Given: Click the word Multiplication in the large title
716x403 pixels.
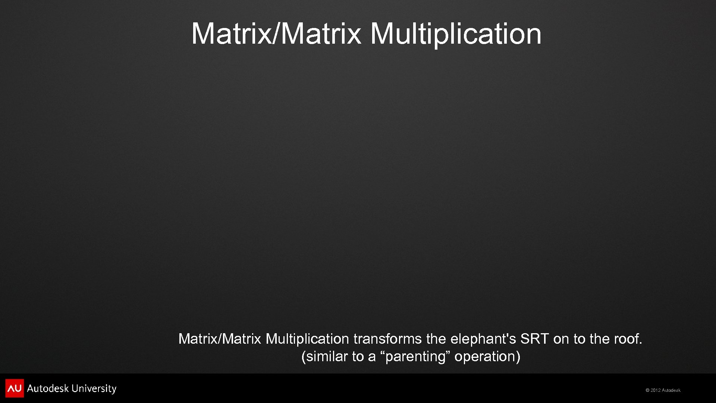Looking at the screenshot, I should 456,34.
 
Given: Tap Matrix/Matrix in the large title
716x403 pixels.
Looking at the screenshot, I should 276,34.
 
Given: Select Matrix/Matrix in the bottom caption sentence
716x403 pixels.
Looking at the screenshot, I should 220,339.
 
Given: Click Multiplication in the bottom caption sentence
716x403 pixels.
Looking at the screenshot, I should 307,339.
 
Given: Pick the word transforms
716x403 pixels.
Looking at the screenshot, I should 387,339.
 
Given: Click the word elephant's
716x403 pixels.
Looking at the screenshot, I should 483,339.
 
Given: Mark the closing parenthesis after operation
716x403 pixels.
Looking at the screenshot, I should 518,357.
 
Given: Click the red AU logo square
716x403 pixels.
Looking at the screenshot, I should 15,388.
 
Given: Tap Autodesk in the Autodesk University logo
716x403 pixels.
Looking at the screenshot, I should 48,388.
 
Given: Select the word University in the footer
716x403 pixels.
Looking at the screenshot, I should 94,388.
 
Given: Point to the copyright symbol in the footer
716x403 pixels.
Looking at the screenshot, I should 647,390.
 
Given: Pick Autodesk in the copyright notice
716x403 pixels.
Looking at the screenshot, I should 671,390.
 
